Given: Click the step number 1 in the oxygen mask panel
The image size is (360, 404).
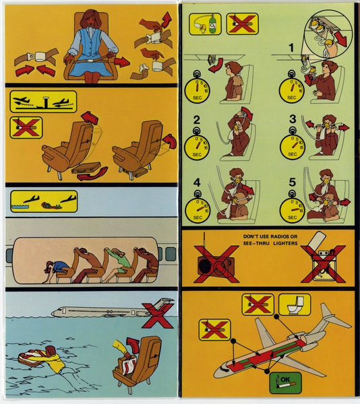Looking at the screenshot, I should click(292, 48).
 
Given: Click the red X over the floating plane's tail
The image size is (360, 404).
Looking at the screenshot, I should click(158, 310).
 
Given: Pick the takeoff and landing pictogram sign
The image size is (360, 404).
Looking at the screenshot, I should click(43, 102).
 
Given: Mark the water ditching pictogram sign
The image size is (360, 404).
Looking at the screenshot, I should click(43, 200).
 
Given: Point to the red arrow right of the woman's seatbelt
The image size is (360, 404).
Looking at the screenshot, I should click(123, 61).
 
